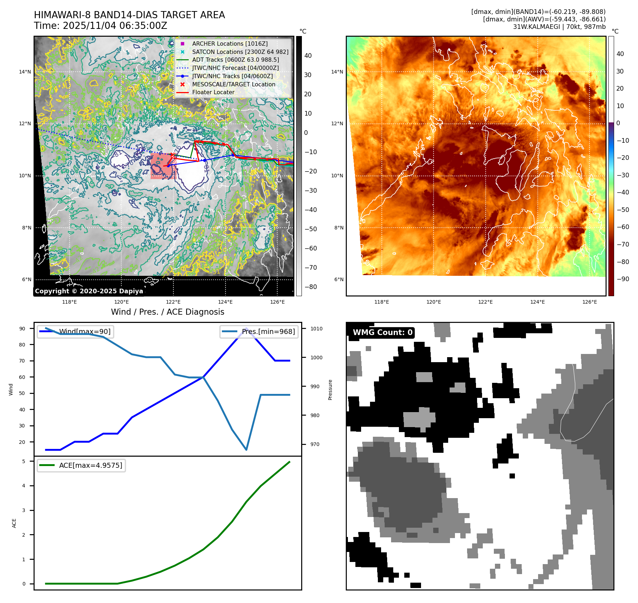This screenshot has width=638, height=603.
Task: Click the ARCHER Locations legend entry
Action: point(229,44)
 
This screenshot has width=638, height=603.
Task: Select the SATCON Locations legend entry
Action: point(240,52)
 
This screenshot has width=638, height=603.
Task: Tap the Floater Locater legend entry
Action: point(213,92)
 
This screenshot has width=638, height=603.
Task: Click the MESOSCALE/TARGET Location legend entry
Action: point(233,84)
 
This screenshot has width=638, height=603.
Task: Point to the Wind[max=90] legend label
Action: point(85,331)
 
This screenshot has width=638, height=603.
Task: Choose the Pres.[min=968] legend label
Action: point(268,331)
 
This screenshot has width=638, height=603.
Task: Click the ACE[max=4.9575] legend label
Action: point(91,465)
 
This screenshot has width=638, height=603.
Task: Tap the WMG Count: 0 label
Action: point(383,333)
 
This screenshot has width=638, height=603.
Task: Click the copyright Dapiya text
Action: point(89,291)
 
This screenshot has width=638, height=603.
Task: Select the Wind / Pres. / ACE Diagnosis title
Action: point(168,312)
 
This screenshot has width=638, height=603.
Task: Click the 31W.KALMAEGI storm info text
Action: point(559,27)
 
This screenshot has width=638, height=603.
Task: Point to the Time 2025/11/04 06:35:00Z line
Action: point(101,26)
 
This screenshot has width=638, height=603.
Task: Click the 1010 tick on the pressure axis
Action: point(316,329)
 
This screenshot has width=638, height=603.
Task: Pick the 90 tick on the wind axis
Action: point(22,329)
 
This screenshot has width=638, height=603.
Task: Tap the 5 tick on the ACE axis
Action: point(24,461)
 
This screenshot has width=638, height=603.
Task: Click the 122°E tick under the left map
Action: point(173,302)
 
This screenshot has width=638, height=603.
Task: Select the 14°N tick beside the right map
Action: point(337,72)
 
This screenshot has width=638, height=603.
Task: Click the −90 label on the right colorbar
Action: point(623,279)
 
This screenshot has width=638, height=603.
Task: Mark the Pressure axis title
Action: point(330,390)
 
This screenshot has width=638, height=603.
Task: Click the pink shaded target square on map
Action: point(163,167)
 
